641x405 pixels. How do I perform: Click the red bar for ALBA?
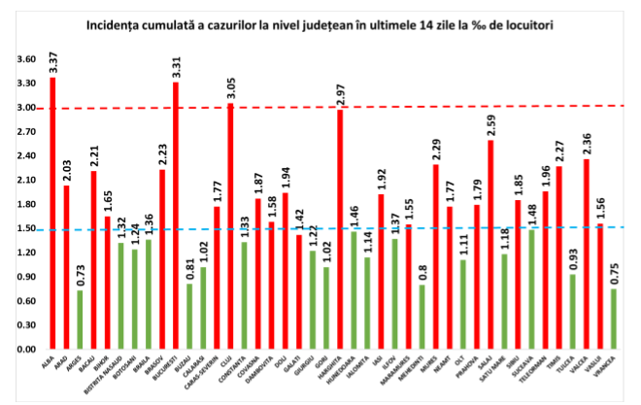click(x=52, y=213)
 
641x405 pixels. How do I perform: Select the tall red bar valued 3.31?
click(x=176, y=216)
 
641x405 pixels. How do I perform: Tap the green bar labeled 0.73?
click(x=80, y=319)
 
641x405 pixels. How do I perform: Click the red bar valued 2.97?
click(x=340, y=229)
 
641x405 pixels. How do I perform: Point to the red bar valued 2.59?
click(x=490, y=244)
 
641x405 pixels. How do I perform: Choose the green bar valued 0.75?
click(x=613, y=318)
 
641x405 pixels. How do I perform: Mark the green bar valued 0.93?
click(x=572, y=311)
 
